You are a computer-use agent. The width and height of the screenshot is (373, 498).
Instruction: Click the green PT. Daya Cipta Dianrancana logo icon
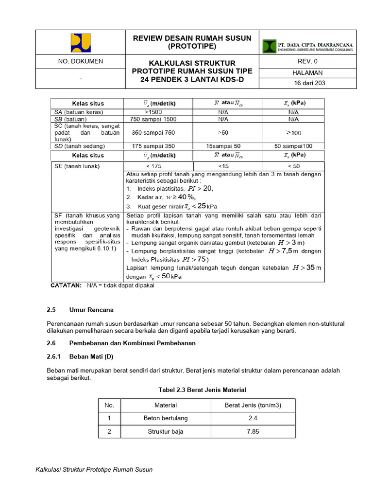(x=270, y=46)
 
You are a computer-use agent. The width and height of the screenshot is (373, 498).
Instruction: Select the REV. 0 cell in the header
(x=307, y=61)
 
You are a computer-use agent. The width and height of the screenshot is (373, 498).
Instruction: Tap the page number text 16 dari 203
(x=309, y=83)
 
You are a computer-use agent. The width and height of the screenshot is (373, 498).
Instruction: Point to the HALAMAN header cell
(x=308, y=72)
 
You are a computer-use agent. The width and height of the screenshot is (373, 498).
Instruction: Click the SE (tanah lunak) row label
(x=77, y=166)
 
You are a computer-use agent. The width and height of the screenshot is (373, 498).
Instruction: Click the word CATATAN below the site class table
(x=67, y=285)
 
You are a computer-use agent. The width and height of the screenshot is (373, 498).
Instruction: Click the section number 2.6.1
(x=54, y=356)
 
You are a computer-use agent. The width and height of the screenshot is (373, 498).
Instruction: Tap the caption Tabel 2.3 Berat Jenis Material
(x=202, y=390)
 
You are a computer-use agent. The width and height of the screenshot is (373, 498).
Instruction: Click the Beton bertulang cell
(x=166, y=418)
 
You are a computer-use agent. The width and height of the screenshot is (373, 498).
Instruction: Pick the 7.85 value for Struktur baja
(x=253, y=431)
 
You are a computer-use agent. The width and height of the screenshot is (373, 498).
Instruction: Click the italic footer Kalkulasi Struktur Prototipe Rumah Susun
(x=94, y=469)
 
